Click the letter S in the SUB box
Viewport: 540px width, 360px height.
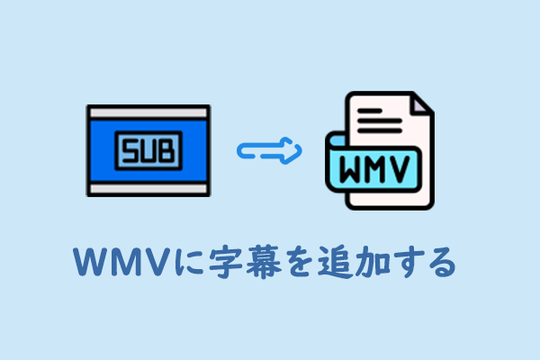tap(130, 150)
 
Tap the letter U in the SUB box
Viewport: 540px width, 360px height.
tap(148, 150)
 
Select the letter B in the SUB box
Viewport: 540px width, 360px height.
tap(167, 150)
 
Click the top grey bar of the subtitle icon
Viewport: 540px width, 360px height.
tap(148, 112)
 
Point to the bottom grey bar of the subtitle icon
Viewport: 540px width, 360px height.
tap(148, 188)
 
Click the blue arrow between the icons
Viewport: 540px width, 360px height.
tap(269, 151)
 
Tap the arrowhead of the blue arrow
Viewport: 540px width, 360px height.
tap(292, 151)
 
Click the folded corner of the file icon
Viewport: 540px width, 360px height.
tap(421, 104)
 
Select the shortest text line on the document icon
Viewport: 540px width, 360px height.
tap(370, 111)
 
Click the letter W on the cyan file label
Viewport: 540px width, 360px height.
tap(352, 169)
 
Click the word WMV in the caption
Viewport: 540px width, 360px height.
tap(122, 262)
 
